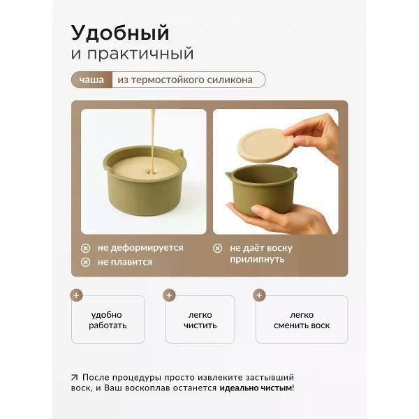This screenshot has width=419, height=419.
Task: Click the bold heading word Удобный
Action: click(x=120, y=33)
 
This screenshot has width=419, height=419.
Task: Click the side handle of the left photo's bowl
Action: click(x=179, y=152)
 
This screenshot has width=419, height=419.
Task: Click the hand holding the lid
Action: click(x=314, y=133)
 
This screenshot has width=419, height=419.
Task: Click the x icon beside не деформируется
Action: click(x=85, y=248)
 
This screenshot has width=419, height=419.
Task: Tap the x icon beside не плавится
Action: click(x=85, y=262)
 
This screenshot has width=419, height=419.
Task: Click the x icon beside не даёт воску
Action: click(x=217, y=248)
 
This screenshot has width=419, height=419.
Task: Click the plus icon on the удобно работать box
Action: click(x=77, y=295)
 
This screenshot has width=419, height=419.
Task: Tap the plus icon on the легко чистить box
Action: click(x=168, y=295)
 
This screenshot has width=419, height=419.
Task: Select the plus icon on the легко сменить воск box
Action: click(x=259, y=295)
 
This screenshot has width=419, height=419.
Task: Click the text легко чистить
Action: click(x=200, y=320)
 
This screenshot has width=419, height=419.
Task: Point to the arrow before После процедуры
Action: click(x=75, y=376)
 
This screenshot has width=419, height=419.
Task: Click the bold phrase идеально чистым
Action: click(x=256, y=388)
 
